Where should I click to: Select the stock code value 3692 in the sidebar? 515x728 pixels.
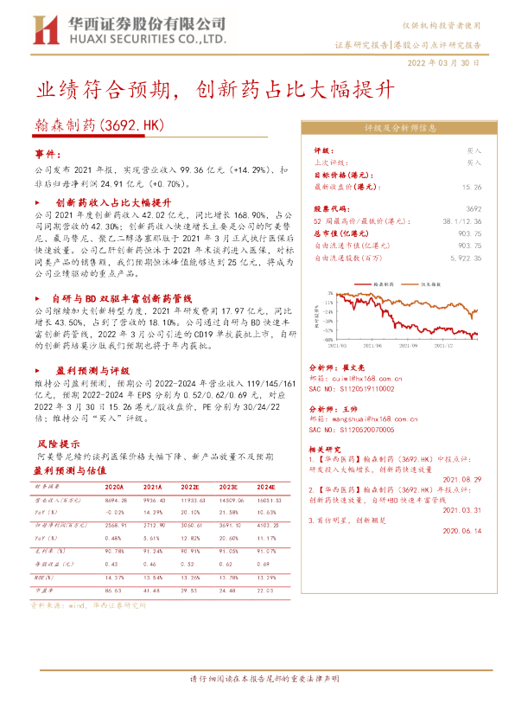pos(474,209)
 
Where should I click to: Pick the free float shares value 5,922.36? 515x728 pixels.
pos(463,257)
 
